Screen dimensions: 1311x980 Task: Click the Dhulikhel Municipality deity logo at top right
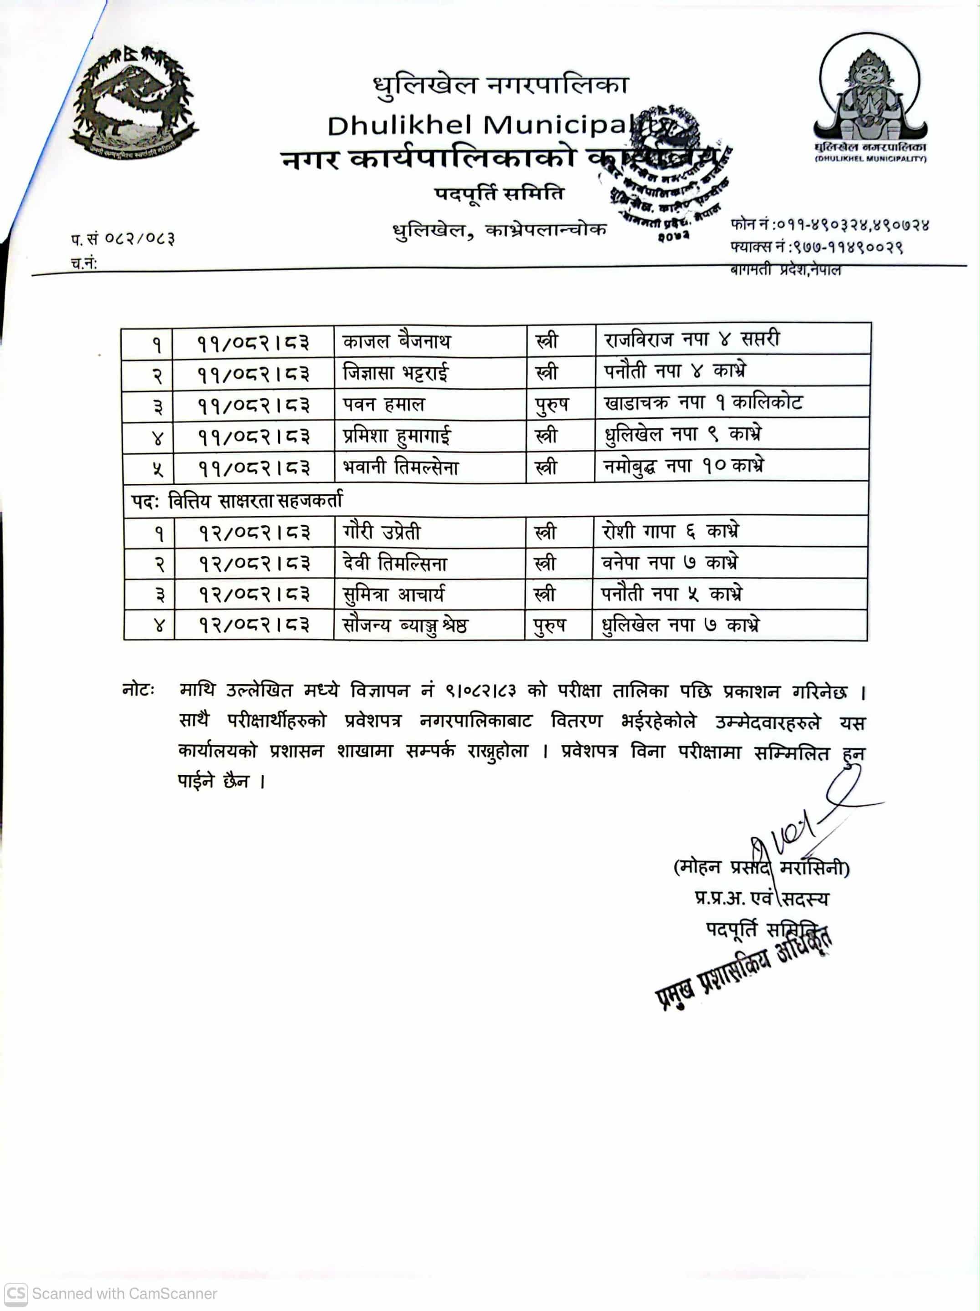pos(870,95)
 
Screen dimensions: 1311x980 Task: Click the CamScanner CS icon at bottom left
pos(15,1293)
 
